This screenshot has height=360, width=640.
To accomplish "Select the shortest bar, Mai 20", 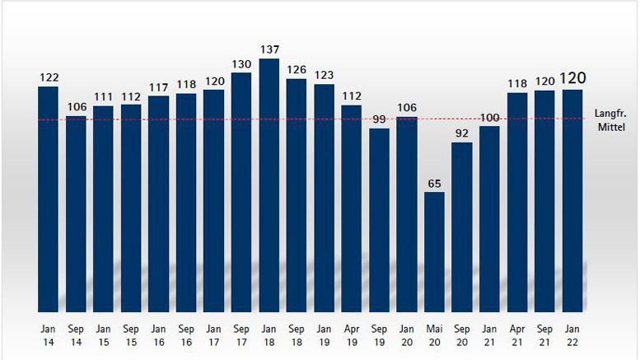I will pos(434,251).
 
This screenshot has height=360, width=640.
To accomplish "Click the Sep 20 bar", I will pos(461,227).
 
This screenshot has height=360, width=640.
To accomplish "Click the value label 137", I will pos(269,50).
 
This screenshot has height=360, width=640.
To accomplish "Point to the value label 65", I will pos(434,184).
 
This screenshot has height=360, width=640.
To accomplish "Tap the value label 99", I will pos(379,119).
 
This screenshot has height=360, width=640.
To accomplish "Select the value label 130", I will pos(241,64).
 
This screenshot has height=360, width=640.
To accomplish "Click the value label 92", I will pos(461,133).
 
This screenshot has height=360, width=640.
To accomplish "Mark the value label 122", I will pos(49,77).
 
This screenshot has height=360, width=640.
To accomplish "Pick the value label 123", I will pos(324,76).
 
